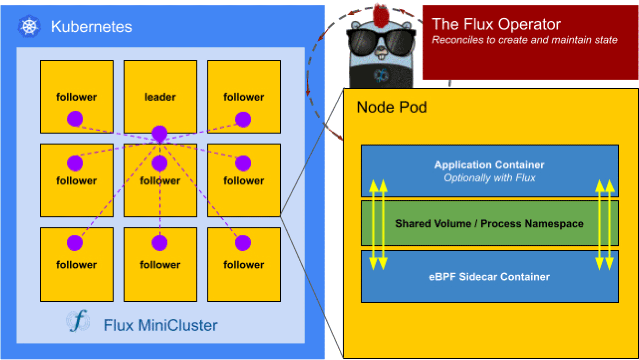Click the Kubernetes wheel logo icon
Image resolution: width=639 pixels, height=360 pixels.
29,26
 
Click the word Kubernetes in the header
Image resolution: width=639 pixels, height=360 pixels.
91,26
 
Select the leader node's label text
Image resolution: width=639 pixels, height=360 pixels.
160,97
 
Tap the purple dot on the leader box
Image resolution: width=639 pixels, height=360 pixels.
159,134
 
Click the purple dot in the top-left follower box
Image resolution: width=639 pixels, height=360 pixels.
75,119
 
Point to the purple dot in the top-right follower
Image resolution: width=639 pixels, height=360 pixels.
243,119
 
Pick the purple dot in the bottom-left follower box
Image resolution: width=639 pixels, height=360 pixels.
75,243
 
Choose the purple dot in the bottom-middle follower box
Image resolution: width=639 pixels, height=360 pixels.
159,243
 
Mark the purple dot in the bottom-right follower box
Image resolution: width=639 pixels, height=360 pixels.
243,243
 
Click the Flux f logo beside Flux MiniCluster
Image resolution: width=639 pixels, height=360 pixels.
78,321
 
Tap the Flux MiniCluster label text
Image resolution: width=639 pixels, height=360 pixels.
160,325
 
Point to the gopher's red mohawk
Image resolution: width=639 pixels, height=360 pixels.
381,15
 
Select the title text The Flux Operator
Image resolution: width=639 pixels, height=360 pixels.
496,24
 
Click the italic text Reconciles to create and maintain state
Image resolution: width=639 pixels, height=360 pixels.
524,40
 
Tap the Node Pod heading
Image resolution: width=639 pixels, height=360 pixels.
392,107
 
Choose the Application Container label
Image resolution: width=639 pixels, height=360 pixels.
489,165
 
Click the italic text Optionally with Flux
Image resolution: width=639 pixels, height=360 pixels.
489,178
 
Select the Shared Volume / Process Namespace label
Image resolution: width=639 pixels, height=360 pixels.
489,224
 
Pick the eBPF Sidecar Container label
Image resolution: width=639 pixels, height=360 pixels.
489,277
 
